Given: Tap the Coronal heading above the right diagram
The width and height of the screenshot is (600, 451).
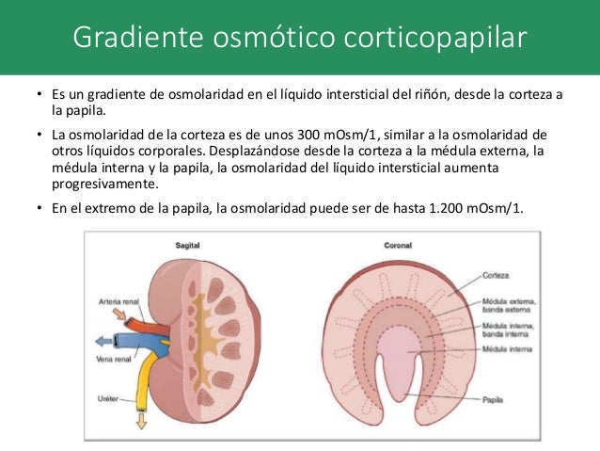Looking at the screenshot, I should tap(398, 244).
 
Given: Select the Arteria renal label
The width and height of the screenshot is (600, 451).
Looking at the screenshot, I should tap(119, 302).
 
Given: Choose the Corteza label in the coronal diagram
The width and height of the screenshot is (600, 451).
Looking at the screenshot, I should tap(496, 276).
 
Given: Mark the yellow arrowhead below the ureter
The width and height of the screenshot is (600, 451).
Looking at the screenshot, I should tap(142, 421).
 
